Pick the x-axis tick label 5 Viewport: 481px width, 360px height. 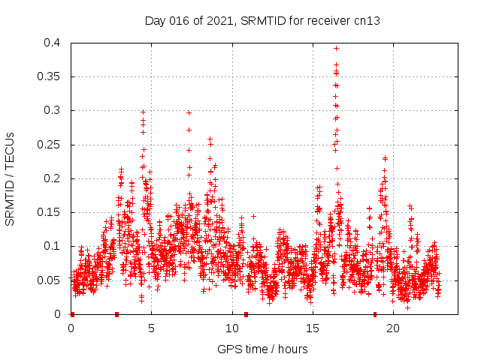pyautogui.click(x=151, y=328)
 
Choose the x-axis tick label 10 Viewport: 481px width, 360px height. pyautogui.click(x=231, y=328)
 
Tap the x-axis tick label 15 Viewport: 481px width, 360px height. pyautogui.click(x=312, y=328)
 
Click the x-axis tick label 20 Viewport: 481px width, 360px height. pyautogui.click(x=392, y=328)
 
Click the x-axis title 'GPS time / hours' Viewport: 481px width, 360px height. pyautogui.click(x=262, y=349)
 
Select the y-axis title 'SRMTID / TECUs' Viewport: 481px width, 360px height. pyautogui.click(x=11, y=178)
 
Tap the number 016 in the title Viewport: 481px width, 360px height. pyautogui.click(x=177, y=21)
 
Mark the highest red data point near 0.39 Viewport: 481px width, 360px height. pyautogui.click(x=336, y=48)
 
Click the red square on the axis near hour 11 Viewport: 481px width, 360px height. pyautogui.click(x=247, y=314)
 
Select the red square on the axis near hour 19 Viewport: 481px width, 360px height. pyautogui.click(x=375, y=314)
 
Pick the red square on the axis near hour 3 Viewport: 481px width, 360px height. pyautogui.click(x=116, y=314)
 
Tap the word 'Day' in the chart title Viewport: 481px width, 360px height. pyautogui.click(x=155, y=21)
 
